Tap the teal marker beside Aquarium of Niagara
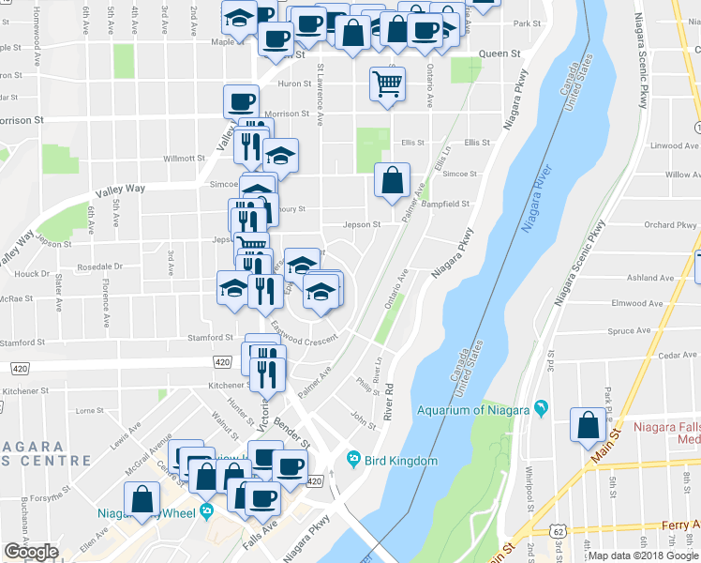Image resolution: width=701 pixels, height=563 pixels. (x=541, y=408)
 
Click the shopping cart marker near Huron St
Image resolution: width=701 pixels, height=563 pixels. (x=387, y=84)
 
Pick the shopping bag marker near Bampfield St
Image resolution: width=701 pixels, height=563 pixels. (x=392, y=179)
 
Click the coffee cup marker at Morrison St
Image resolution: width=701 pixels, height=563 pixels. (x=241, y=101)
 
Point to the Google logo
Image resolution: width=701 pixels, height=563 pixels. (x=31, y=552)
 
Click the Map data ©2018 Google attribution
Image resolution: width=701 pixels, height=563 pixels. (x=644, y=555)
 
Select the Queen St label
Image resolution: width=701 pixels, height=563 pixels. (x=500, y=54)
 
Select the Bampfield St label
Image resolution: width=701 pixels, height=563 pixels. (x=444, y=204)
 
